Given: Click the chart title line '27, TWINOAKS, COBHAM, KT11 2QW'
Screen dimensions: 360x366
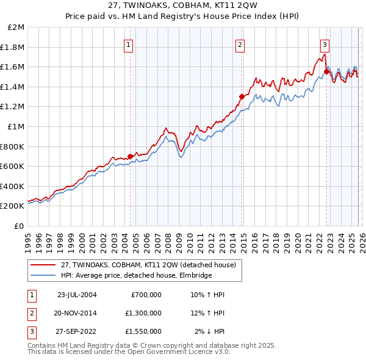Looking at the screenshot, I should [x=183, y=6].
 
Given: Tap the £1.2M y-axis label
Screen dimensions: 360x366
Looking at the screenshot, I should [x=13, y=107].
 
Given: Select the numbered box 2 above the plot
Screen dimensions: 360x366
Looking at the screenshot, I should [x=240, y=44].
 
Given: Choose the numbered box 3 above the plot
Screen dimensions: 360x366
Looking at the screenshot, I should [x=325, y=44].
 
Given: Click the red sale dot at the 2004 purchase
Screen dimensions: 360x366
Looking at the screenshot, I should [x=131, y=156].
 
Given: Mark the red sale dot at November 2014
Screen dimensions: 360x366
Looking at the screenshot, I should [x=242, y=96].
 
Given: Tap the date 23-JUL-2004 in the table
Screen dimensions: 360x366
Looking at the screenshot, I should [x=77, y=295].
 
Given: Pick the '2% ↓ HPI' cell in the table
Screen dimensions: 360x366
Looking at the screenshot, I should [x=209, y=331].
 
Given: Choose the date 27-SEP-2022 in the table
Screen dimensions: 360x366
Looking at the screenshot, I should [x=77, y=331].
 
